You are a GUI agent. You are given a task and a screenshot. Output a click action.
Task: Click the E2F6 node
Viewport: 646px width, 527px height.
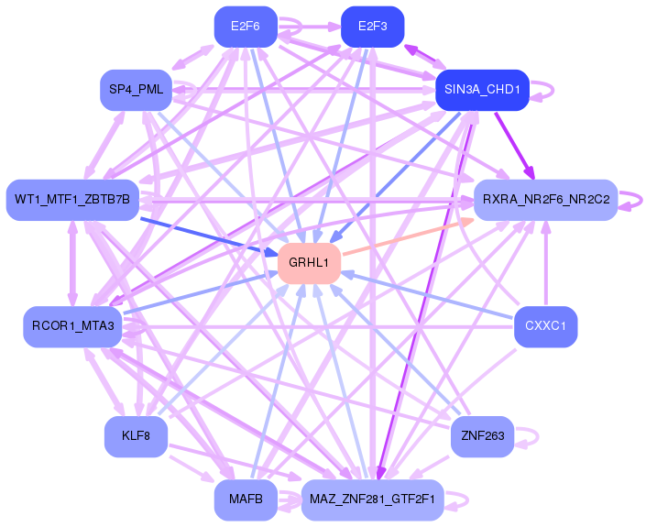[246, 27]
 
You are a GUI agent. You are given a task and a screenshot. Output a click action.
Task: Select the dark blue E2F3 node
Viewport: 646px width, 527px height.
[372, 27]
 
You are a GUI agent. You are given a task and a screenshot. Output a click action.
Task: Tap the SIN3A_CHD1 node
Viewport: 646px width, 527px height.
[483, 90]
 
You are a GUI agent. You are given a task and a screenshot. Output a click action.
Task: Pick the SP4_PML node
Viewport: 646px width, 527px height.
[136, 90]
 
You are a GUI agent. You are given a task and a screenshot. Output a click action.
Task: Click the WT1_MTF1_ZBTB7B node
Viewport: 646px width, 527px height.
[72, 200]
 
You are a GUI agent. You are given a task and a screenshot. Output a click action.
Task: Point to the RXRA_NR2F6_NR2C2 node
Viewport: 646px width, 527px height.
[546, 200]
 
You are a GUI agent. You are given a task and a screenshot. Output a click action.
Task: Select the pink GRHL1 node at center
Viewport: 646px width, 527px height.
[309, 263]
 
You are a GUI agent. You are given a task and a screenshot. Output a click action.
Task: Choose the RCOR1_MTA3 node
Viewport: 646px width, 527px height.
[72, 327]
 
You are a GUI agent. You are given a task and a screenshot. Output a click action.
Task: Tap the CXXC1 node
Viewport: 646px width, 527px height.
[546, 327]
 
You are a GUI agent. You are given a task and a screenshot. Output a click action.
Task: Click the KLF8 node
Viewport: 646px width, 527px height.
[136, 436]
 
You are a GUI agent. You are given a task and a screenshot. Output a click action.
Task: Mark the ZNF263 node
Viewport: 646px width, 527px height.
[483, 436]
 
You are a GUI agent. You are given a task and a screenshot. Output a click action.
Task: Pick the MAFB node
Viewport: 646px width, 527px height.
[246, 500]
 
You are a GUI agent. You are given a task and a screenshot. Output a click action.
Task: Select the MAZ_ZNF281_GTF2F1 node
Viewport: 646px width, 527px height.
[372, 500]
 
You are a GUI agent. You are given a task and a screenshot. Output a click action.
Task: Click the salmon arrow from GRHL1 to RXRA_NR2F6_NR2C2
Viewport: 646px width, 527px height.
[408, 237]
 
